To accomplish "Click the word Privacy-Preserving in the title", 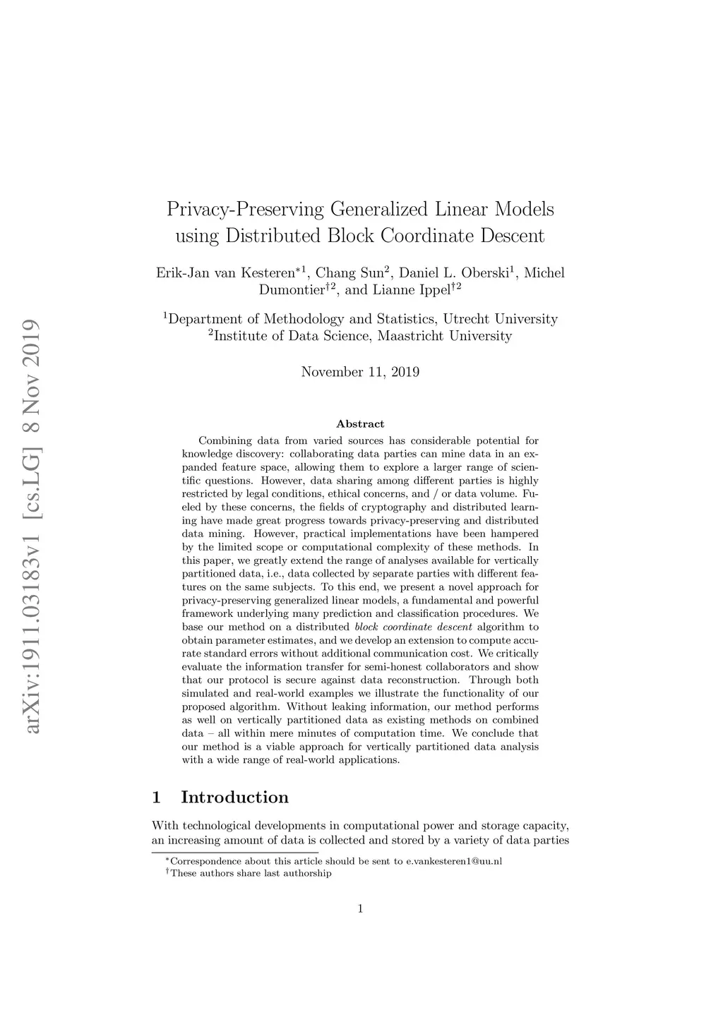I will pyautogui.click(x=246, y=210).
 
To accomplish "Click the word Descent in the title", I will pyautogui.click(x=513, y=236).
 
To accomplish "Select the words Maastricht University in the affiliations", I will pyautogui.click(x=445, y=336).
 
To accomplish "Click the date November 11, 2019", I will pyautogui.click(x=360, y=372).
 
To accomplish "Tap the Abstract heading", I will pyautogui.click(x=360, y=424).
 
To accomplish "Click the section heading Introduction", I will pyautogui.click(x=234, y=798).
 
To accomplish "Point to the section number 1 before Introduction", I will pyautogui.click(x=156, y=798).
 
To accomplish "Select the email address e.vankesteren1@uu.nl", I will pyautogui.click(x=454, y=861).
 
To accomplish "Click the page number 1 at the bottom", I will pyautogui.click(x=360, y=908).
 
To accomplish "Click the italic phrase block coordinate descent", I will pyautogui.click(x=413, y=627).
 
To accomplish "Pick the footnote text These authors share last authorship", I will pyautogui.click(x=251, y=873).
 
